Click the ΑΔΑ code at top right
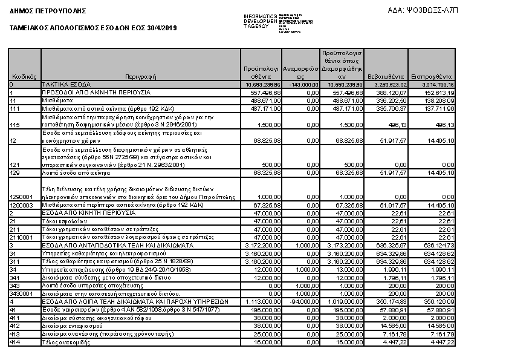(425, 10)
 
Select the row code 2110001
(22, 238)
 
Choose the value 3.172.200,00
(261, 246)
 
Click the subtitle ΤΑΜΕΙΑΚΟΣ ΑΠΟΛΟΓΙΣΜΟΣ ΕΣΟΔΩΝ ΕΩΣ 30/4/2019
(94, 28)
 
